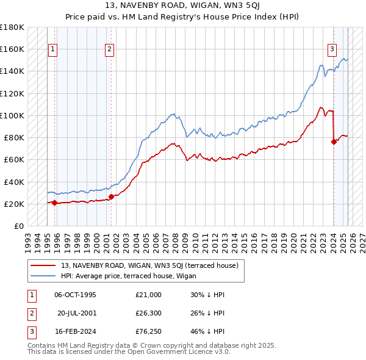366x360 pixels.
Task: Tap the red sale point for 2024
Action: pos(334,142)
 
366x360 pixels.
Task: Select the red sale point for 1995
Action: pos(54,203)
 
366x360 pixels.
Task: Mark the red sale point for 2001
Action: pos(111,196)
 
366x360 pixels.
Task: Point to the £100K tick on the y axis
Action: pos(12,115)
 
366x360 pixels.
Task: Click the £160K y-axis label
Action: pos(12,49)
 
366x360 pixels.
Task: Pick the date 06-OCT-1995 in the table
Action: pos(75,295)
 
